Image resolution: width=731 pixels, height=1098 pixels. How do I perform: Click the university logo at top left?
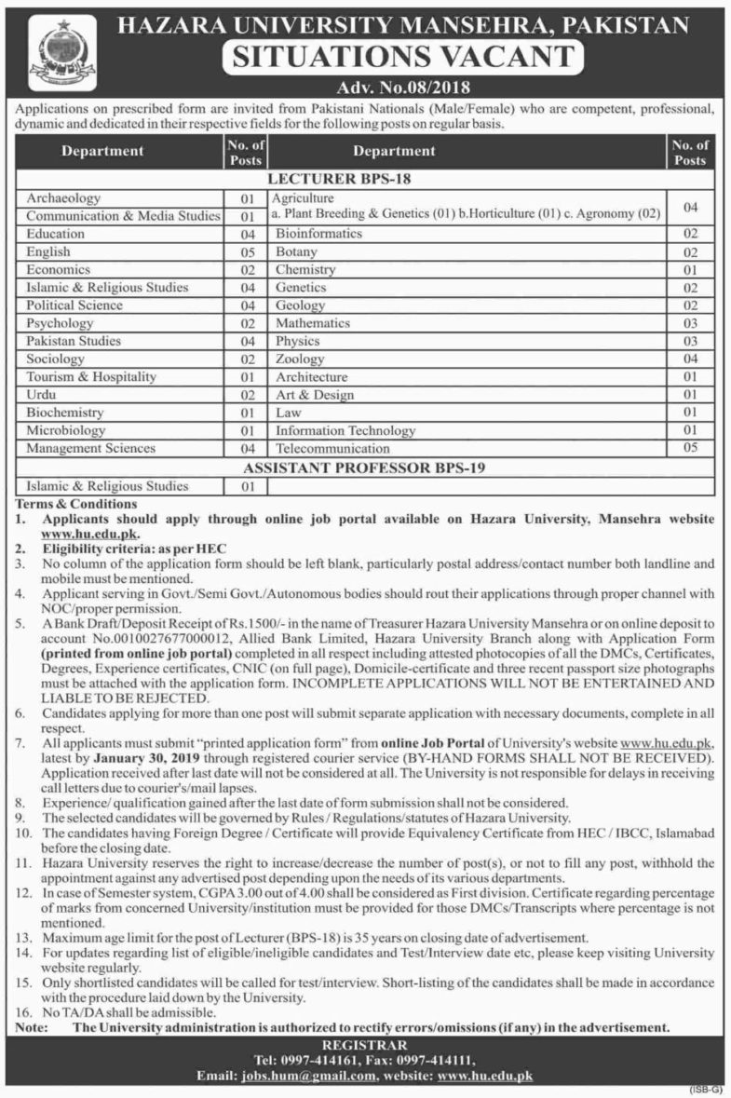(x=62, y=54)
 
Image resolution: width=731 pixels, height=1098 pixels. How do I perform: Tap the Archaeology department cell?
(x=64, y=198)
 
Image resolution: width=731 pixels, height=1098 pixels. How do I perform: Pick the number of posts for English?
(x=247, y=252)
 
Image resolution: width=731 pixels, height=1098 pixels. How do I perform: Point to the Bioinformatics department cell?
(x=318, y=235)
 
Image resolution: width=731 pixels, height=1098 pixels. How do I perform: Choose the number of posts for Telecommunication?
(x=690, y=448)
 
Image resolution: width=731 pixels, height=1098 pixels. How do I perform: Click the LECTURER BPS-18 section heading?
(x=365, y=177)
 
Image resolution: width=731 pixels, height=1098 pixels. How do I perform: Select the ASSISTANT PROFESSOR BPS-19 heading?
(x=365, y=467)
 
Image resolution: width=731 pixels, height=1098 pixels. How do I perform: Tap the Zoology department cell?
(x=300, y=359)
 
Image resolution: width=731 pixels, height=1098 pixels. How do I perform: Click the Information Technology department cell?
(x=345, y=430)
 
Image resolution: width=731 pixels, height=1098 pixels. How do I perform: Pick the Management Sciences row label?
(x=91, y=448)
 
